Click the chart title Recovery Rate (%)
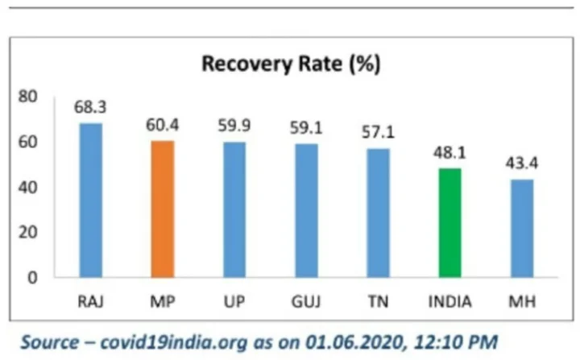coord(291,64)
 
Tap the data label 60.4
coord(162,126)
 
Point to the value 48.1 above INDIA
coord(449,153)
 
